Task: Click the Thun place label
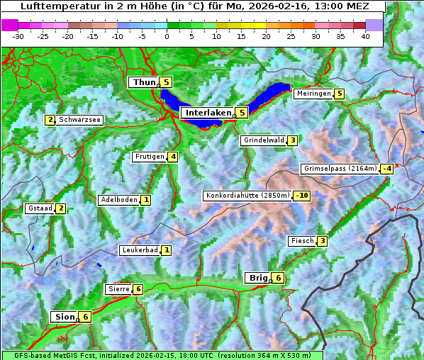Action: pyautogui.click(x=143, y=83)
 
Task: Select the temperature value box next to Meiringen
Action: pyautogui.click(x=339, y=94)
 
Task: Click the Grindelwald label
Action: pyautogui.click(x=263, y=140)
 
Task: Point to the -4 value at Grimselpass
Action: pyautogui.click(x=386, y=169)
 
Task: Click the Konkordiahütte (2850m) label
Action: pyautogui.click(x=247, y=196)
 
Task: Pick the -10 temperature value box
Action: pyautogui.click(x=302, y=196)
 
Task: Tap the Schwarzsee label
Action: pyautogui.click(x=80, y=120)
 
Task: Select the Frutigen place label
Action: pyautogui.click(x=149, y=157)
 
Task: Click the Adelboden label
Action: pyautogui.click(x=118, y=200)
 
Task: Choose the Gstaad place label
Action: pyautogui.click(x=40, y=208)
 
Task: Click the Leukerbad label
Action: pyautogui.click(x=139, y=250)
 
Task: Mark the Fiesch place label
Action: pyautogui.click(x=302, y=241)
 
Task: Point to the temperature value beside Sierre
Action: pyautogui.click(x=138, y=289)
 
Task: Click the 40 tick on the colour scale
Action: pyautogui.click(x=365, y=35)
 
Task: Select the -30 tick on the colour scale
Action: pyautogui.click(x=18, y=35)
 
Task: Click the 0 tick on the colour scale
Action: pyautogui.click(x=167, y=35)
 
